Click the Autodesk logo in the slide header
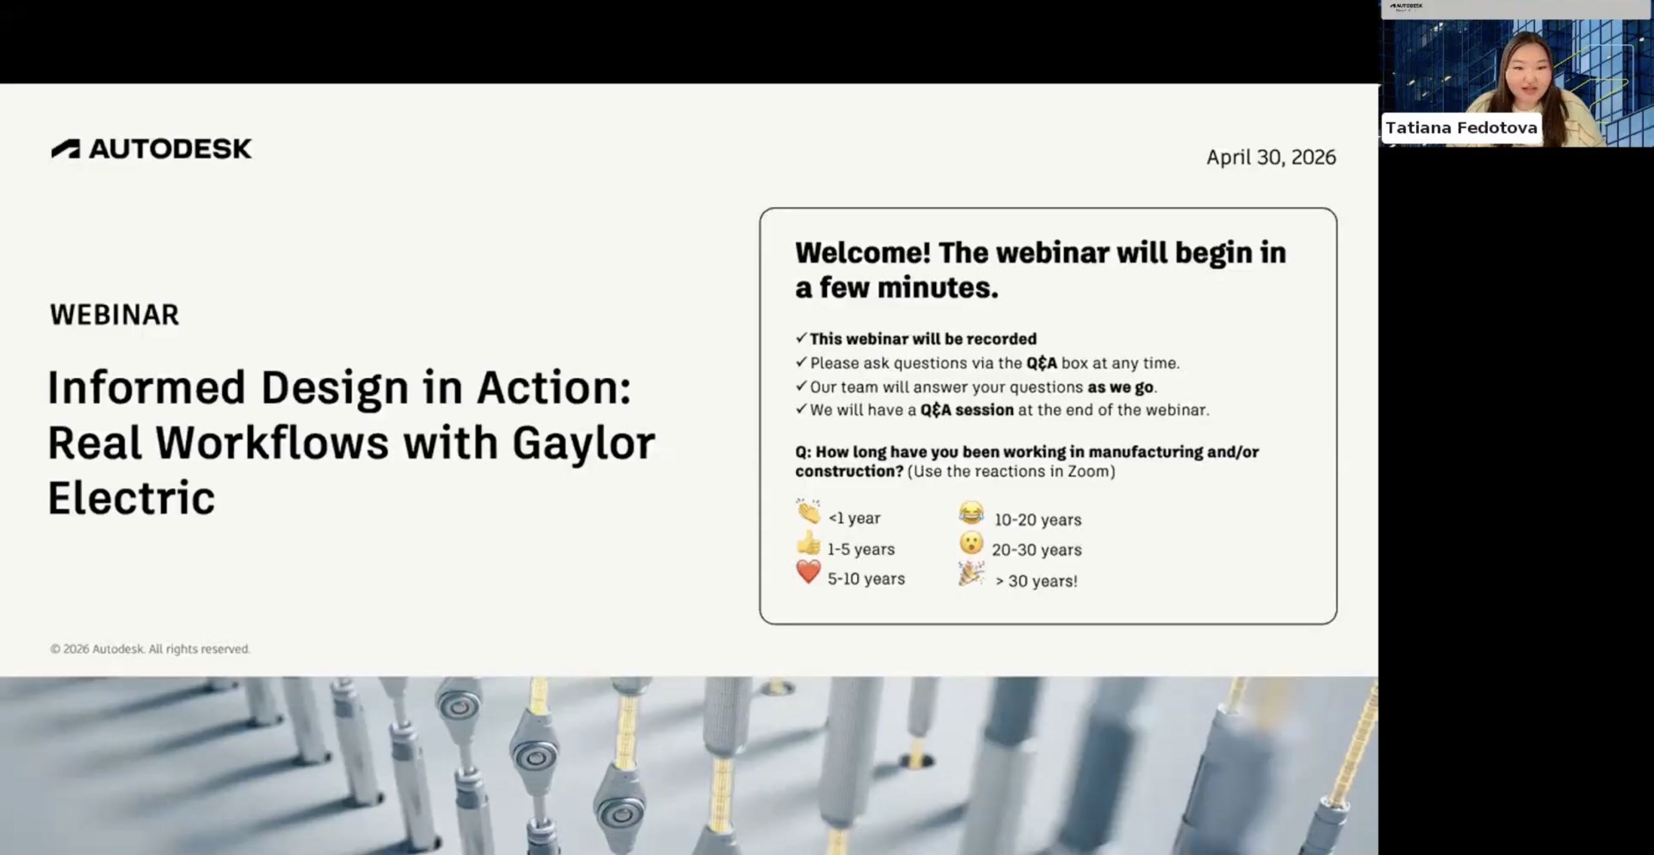click(151, 149)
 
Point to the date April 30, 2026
click(1271, 157)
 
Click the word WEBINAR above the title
click(114, 315)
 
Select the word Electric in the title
click(131, 498)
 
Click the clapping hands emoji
click(808, 511)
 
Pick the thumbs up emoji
click(808, 544)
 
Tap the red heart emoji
click(808, 572)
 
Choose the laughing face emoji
click(971, 513)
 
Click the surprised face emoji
click(971, 543)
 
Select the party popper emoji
click(971, 574)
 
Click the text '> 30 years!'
click(1036, 581)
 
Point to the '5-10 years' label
click(866, 579)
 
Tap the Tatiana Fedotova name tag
click(1461, 128)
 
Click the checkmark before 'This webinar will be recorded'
click(801, 338)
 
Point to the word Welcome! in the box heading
click(863, 253)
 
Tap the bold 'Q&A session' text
click(967, 410)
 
